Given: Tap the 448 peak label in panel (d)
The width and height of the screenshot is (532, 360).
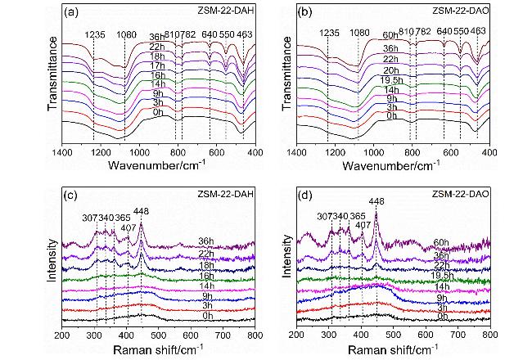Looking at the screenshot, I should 376,201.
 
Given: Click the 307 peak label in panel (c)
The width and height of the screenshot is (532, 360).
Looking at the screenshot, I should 89,218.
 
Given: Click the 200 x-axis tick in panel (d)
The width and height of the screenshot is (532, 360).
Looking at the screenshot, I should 297,335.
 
